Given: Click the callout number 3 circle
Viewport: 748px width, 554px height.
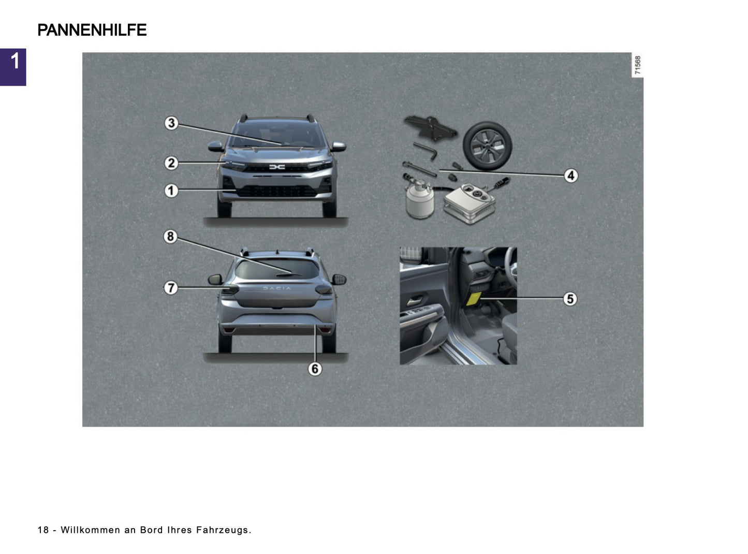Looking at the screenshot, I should click(171, 123).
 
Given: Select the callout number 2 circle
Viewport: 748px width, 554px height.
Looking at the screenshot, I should click(171, 163).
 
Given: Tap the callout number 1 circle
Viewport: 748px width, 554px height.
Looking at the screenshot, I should click(171, 191).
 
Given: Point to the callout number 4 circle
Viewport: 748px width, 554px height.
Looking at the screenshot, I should click(570, 176).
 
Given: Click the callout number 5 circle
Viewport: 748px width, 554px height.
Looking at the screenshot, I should click(570, 299).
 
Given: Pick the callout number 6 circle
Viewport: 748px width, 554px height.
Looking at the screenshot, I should click(315, 369).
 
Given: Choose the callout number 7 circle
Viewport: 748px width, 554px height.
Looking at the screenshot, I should click(171, 288).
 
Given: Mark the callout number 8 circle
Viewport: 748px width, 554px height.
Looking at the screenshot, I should click(170, 237).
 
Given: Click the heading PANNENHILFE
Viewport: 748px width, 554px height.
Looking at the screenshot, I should click(92, 30).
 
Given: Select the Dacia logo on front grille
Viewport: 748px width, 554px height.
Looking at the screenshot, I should click(277, 167).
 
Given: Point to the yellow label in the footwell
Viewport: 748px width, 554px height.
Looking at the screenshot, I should click(474, 299).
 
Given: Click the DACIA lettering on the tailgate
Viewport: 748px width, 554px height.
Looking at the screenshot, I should click(277, 288).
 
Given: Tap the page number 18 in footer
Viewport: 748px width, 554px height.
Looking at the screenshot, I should click(43, 530).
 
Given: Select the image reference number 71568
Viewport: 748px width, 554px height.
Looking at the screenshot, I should click(638, 65).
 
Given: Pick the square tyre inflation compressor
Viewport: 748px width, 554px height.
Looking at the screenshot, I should click(470, 203).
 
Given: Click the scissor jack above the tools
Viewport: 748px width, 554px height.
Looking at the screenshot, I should click(430, 127).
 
